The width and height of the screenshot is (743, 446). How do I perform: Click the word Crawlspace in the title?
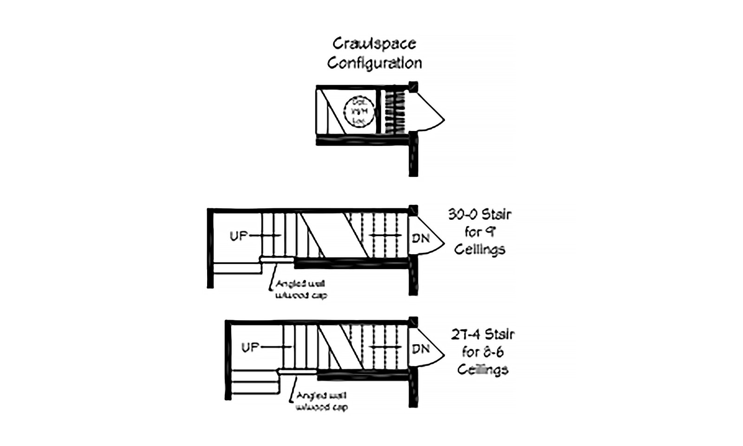(x=374, y=44)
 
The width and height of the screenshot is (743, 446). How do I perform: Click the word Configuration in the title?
(x=374, y=62)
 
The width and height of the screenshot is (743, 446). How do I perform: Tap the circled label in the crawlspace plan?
(x=358, y=111)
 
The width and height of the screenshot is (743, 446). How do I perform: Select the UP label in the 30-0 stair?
(x=239, y=236)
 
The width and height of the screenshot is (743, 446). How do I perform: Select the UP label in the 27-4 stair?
(x=250, y=347)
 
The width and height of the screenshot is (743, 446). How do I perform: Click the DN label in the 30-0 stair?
(x=421, y=238)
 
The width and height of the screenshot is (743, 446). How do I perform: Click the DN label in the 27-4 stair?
(x=421, y=348)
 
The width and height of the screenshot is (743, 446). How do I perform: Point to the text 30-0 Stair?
(x=480, y=215)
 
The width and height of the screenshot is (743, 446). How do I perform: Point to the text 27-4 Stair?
(x=482, y=334)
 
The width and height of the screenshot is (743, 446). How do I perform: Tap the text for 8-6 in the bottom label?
(x=482, y=352)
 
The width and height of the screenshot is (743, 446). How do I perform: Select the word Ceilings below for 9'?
(x=480, y=249)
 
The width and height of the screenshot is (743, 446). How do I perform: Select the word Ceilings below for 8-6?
(x=482, y=370)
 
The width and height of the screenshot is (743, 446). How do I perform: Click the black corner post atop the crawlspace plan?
(x=413, y=87)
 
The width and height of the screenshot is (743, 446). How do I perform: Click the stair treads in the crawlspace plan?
(x=395, y=111)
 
